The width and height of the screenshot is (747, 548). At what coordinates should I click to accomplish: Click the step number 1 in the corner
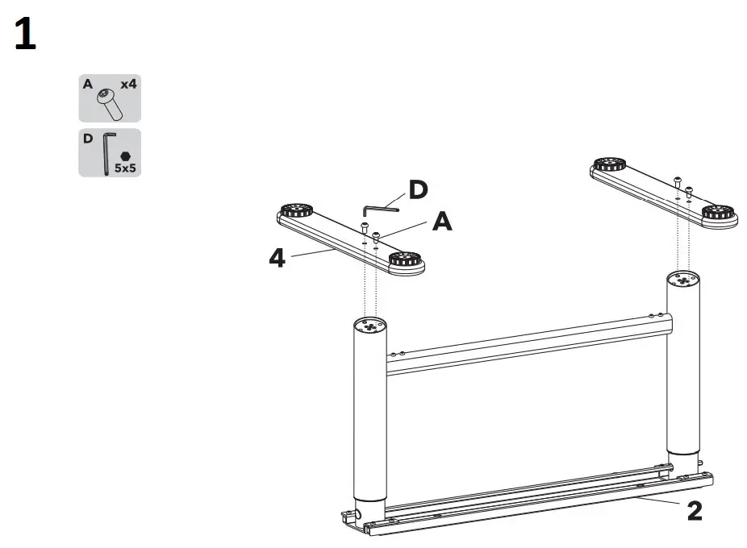point(26,37)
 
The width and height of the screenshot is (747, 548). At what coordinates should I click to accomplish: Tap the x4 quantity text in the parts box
point(127,84)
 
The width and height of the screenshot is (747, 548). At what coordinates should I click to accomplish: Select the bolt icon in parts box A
point(107,104)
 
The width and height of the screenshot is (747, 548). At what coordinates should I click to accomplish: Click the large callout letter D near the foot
point(418,190)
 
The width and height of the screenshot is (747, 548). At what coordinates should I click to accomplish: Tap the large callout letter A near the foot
point(442,221)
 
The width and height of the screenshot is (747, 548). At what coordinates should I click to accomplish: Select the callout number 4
point(277,259)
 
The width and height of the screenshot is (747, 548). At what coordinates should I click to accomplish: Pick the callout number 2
point(694,511)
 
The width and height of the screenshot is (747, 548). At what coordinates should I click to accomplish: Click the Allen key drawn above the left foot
point(380,208)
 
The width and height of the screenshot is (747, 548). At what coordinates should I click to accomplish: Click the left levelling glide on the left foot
point(298,210)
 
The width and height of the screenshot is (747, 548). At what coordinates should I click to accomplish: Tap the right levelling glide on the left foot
point(406,260)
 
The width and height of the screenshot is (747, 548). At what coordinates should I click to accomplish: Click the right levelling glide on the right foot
point(718,214)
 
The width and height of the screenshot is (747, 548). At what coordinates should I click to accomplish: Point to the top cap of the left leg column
point(370,326)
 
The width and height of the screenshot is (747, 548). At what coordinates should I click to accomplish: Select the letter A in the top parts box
point(86,83)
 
